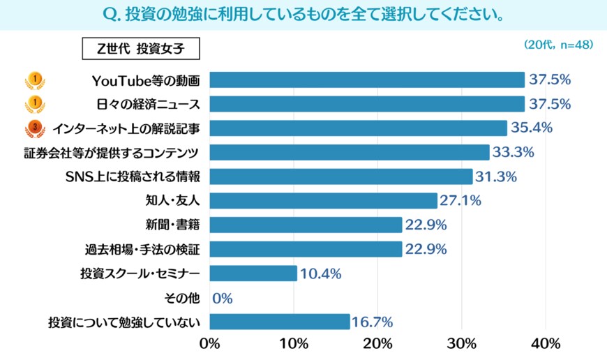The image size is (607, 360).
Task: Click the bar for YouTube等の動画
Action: (366, 80)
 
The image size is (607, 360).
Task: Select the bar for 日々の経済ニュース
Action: (366, 104)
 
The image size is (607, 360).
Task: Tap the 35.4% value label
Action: (532, 128)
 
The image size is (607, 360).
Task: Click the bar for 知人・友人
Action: (323, 201)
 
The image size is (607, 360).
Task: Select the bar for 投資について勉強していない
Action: (279, 322)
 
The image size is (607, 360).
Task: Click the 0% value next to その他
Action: (222, 298)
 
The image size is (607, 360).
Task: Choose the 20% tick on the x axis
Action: (377, 344)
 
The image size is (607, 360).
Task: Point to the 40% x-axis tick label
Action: (546, 344)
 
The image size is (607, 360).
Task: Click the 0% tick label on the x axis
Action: (209, 344)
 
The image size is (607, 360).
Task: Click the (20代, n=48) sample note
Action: (558, 44)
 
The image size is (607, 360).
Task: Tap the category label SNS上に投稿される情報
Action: (144, 177)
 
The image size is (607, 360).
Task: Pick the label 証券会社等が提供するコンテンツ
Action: (112, 153)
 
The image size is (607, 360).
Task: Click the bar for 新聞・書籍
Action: (306, 225)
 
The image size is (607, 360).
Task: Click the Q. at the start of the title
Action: (112, 14)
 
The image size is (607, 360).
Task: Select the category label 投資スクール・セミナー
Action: (140, 273)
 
